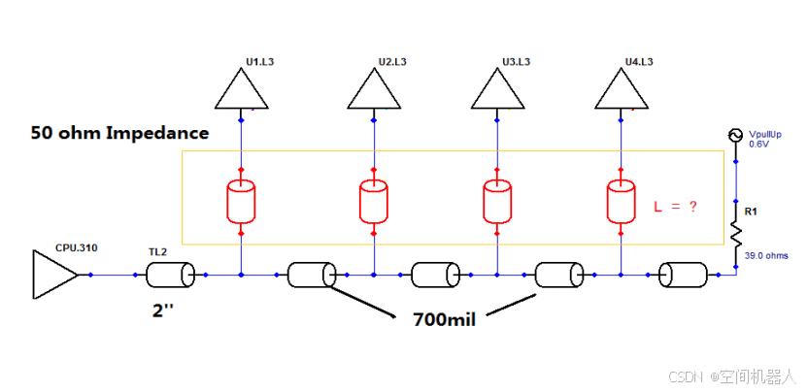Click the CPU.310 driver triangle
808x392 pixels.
click(55, 275)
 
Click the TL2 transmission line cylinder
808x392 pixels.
click(170, 275)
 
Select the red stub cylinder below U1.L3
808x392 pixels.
click(242, 202)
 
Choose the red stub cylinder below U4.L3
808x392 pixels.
click(622, 202)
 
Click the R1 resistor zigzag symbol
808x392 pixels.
click(736, 235)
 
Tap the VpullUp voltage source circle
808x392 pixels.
click(736, 135)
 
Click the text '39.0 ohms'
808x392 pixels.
click(766, 255)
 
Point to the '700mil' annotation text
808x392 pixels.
click(444, 320)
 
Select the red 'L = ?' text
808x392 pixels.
click(676, 207)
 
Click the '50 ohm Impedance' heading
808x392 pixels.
click(120, 133)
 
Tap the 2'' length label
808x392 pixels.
click(165, 311)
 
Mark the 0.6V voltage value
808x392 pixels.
click(757, 145)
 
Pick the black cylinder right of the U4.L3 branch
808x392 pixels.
click(685, 275)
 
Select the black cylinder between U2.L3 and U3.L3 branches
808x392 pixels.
click(435, 275)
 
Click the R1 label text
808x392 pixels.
click(751, 212)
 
